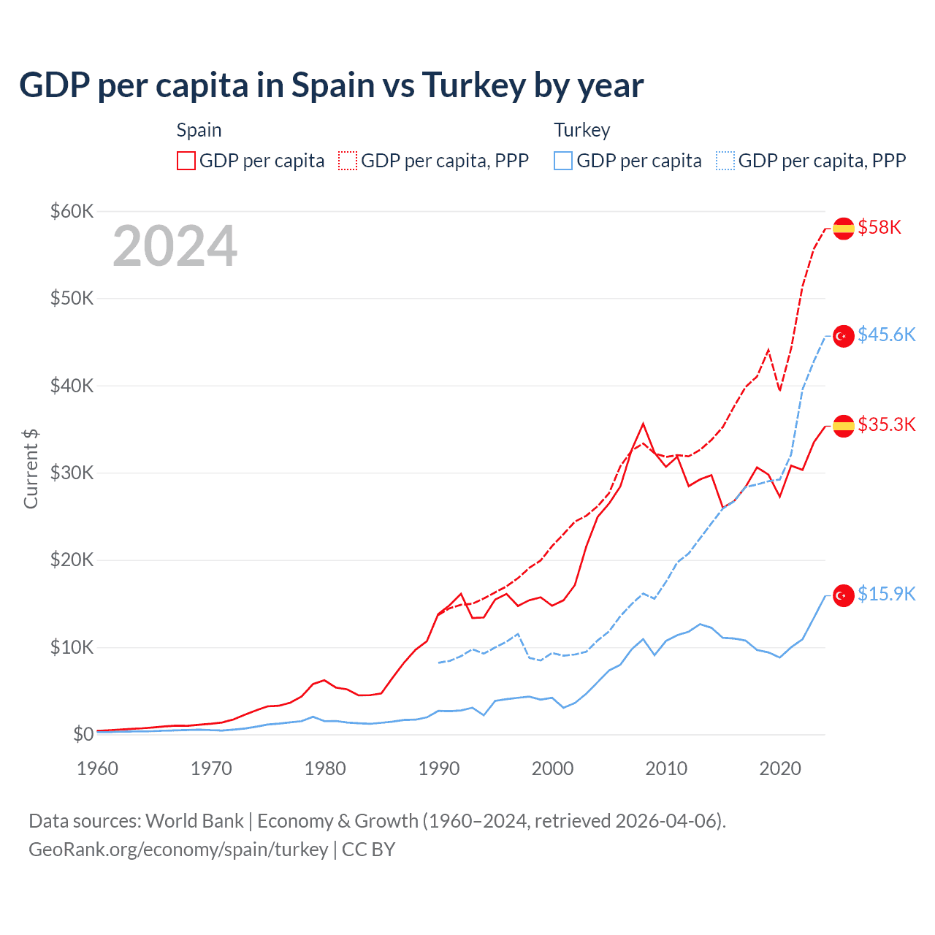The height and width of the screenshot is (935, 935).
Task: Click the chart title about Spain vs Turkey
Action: (x=331, y=85)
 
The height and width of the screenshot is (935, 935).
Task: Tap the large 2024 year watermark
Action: (x=175, y=246)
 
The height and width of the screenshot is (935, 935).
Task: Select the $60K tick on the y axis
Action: (x=72, y=212)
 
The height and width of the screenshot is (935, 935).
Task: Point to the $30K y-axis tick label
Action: (x=72, y=473)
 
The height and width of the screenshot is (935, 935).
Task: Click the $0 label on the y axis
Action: (x=83, y=734)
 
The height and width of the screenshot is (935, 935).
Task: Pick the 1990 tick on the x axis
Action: (x=439, y=768)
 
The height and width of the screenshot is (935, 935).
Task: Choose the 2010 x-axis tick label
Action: (x=666, y=768)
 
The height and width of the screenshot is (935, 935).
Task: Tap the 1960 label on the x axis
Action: (x=98, y=768)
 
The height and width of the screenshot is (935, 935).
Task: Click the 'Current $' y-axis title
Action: (x=31, y=469)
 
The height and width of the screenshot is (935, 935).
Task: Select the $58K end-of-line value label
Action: (x=879, y=228)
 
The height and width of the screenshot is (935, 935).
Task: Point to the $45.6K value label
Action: (x=886, y=335)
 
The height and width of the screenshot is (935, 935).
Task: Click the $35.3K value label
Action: (x=886, y=424)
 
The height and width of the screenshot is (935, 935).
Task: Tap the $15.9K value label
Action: (x=886, y=594)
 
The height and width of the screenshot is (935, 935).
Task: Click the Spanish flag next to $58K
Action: (x=844, y=229)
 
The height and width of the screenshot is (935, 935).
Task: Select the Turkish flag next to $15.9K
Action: (x=844, y=595)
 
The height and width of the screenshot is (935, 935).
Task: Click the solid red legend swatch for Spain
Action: (x=186, y=161)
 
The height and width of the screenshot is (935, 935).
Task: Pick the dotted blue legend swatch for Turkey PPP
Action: (x=725, y=161)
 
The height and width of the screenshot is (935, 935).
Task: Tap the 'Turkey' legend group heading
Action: (x=581, y=130)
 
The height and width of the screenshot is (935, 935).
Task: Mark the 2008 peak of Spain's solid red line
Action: (x=643, y=424)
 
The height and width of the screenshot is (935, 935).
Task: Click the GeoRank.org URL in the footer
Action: (x=178, y=850)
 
